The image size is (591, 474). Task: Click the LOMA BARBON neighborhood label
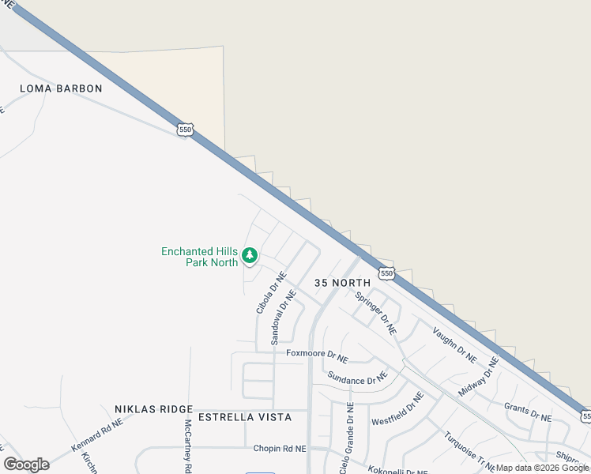62,88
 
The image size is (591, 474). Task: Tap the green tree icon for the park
250,255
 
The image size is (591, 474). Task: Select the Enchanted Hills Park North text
200,257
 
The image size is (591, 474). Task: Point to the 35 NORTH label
342,283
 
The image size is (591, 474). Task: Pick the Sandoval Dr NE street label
284,316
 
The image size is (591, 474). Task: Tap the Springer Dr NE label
375,312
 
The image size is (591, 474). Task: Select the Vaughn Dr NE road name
454,343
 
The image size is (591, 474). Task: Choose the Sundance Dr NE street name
357,380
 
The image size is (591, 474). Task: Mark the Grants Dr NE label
528,412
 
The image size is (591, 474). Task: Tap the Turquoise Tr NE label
469,450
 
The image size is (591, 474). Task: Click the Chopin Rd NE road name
279,449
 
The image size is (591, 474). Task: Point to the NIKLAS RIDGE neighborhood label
153,409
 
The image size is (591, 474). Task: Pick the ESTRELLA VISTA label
244,417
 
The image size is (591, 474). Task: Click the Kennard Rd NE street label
97,435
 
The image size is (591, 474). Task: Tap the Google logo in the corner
26,465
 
